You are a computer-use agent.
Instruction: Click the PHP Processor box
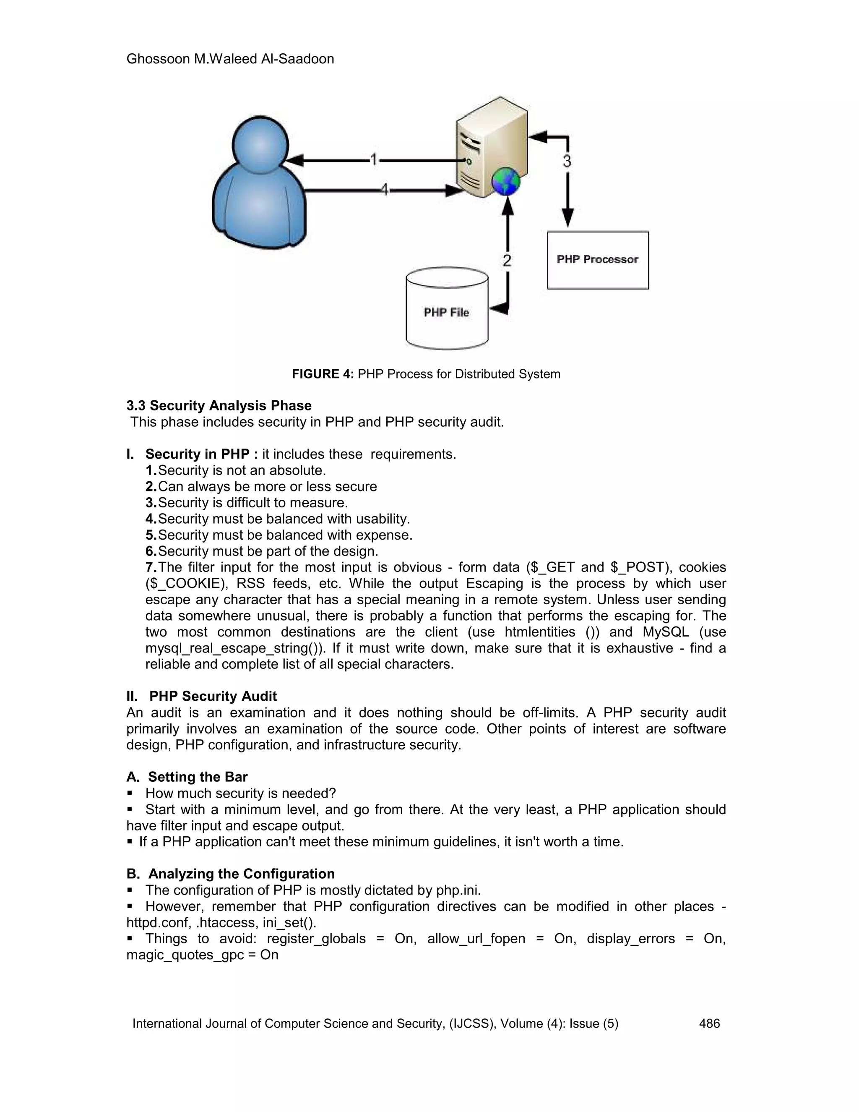[x=597, y=260]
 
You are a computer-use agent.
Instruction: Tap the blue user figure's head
[x=260, y=145]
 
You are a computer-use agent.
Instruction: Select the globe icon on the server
[x=505, y=181]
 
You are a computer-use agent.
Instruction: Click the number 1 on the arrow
[x=374, y=160]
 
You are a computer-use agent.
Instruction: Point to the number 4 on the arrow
[x=385, y=190]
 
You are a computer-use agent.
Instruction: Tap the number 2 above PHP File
[x=507, y=261]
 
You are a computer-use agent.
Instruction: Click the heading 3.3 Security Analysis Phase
[x=219, y=406]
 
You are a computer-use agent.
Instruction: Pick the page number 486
[x=709, y=1023]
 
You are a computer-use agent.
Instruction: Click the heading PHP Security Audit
[x=213, y=696]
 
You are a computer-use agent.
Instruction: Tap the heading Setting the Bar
[x=198, y=777]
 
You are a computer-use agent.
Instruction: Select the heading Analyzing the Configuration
[x=241, y=874]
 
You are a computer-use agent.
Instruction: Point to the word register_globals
[x=316, y=938]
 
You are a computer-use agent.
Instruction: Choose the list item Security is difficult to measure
[x=252, y=503]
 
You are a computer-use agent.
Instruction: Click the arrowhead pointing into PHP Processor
[x=567, y=218]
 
